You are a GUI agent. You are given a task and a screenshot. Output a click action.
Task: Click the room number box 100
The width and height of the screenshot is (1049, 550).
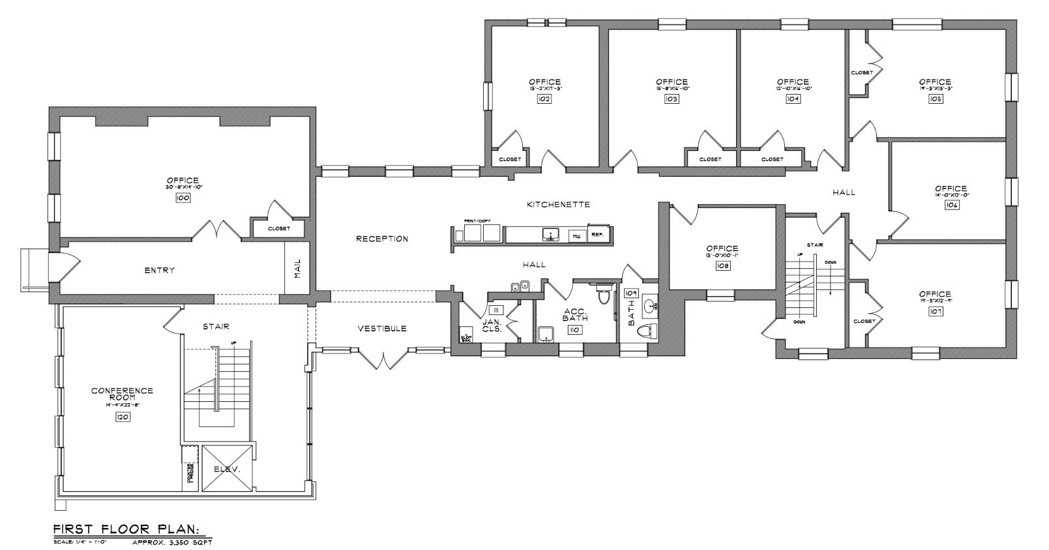click(183, 198)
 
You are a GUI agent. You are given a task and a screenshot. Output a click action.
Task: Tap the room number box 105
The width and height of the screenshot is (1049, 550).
click(936, 99)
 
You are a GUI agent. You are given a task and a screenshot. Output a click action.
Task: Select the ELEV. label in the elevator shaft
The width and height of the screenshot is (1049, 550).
click(227, 469)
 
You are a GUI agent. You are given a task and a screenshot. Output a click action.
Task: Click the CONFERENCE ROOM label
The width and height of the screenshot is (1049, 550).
click(122, 394)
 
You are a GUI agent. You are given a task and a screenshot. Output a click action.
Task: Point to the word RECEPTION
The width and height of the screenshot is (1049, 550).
click(382, 239)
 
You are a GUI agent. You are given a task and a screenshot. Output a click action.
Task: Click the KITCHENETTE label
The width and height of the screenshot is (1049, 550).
click(558, 204)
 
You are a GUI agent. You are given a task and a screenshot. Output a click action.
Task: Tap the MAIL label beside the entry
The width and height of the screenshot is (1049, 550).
click(297, 267)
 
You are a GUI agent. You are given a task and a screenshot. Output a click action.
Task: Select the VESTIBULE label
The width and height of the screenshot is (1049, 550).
click(382, 328)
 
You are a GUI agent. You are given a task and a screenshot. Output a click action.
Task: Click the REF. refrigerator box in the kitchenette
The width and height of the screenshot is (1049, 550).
click(597, 234)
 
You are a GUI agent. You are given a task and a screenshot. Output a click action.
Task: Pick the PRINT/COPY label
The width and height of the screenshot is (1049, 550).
click(477, 222)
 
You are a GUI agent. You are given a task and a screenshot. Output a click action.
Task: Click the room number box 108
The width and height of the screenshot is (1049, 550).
click(722, 266)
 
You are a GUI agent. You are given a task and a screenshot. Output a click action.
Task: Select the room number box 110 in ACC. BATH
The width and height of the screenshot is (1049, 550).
click(574, 330)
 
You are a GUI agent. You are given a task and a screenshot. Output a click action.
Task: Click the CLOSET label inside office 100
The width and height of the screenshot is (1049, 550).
click(278, 229)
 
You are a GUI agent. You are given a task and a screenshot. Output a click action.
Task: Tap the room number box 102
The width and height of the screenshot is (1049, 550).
click(544, 99)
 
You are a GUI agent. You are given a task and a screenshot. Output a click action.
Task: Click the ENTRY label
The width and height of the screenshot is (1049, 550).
click(160, 270)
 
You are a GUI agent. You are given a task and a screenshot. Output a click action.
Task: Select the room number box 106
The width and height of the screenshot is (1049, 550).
click(951, 205)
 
